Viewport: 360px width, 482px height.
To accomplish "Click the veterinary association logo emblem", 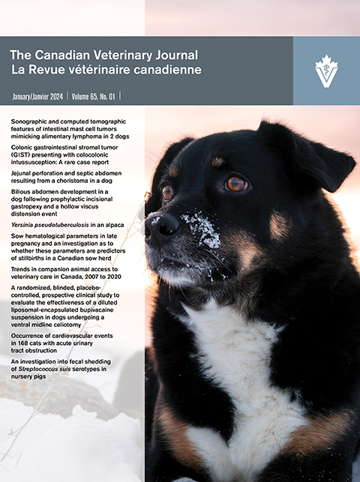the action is [x=325, y=70].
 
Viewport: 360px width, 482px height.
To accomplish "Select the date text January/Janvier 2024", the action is [x=37, y=97].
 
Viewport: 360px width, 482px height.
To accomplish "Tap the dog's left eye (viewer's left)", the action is [x=167, y=191].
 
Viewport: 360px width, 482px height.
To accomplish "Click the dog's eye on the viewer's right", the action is [x=235, y=183].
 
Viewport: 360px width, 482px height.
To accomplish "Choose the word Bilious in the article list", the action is [x=22, y=193].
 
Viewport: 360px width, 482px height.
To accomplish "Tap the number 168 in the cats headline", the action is [x=22, y=346].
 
